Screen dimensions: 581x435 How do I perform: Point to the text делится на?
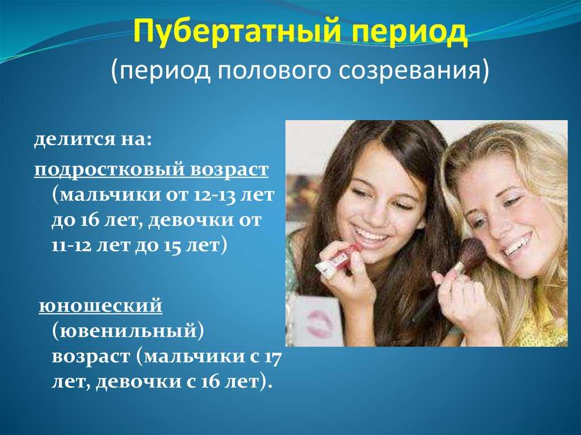coord(93,141)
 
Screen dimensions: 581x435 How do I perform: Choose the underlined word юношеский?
coord(100,306)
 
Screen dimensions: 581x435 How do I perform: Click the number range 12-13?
coord(214,195)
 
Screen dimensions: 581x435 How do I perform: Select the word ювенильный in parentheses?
coord(127,331)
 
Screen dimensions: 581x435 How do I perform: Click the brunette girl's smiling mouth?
coord(371,236)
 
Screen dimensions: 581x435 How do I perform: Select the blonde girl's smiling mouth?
coord(517,245)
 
